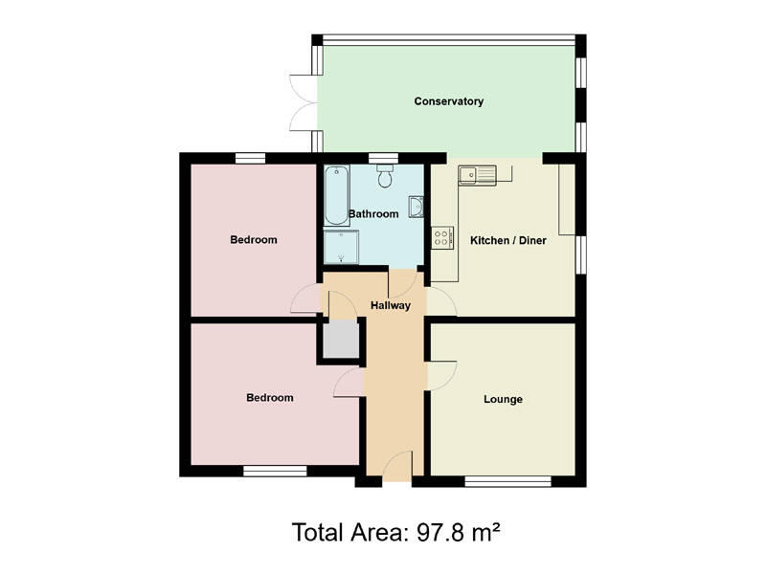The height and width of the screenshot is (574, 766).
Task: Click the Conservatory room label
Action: [x=448, y=101]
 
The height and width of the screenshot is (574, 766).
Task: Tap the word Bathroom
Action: [x=373, y=214]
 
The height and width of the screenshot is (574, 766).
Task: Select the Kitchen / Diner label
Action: [x=507, y=240]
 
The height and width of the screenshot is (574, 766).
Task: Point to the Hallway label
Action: [x=391, y=306]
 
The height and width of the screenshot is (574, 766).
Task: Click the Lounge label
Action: [x=503, y=399]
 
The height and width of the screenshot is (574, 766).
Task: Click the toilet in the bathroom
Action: [x=384, y=176]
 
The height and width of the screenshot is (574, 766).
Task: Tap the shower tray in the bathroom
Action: [x=337, y=248]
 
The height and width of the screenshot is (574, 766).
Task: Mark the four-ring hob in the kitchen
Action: [x=443, y=237]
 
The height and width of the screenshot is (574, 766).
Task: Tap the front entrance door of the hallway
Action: [x=396, y=469]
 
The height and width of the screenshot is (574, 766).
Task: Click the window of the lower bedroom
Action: [x=274, y=471]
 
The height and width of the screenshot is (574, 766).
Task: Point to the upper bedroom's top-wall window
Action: [x=251, y=158]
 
